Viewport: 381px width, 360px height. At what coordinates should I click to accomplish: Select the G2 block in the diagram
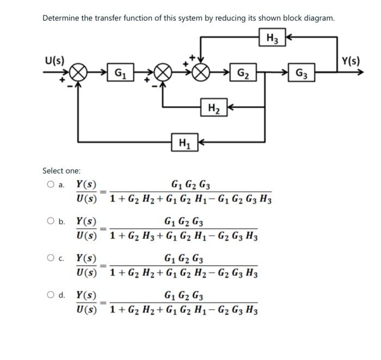click(244, 72)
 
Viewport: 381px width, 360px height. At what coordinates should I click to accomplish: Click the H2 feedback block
click(214, 108)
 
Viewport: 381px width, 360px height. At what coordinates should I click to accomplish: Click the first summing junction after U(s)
click(78, 72)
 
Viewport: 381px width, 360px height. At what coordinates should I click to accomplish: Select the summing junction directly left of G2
click(201, 72)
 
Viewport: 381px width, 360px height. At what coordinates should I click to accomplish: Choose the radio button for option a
click(51, 185)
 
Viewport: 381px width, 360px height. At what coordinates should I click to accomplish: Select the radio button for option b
click(51, 222)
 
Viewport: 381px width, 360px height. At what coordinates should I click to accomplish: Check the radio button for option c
click(51, 258)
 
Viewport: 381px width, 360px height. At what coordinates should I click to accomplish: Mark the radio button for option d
click(51, 295)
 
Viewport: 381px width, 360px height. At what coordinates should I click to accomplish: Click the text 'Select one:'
click(62, 170)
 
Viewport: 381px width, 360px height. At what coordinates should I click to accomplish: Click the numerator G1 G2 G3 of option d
click(183, 297)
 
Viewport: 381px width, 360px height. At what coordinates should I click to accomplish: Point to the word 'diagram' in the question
click(317, 18)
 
